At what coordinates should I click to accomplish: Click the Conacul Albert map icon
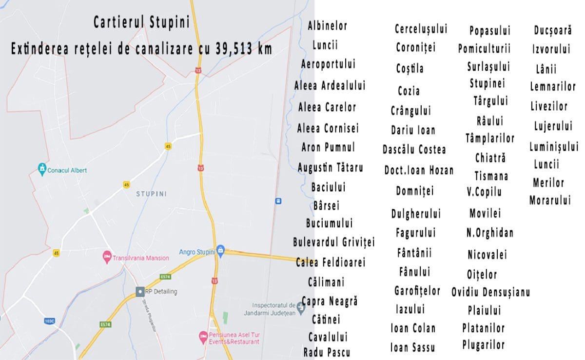click(x=42, y=170)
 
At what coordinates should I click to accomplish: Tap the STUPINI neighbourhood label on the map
click(x=152, y=194)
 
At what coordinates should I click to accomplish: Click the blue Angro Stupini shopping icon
click(x=220, y=250)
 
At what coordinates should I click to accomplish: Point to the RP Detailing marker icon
click(x=140, y=291)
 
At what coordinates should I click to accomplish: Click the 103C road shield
click(x=49, y=321)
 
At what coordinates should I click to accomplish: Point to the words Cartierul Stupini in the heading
click(x=141, y=22)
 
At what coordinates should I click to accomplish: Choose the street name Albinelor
click(x=327, y=26)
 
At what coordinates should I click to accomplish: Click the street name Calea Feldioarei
click(x=331, y=262)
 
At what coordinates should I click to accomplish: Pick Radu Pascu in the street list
click(x=327, y=352)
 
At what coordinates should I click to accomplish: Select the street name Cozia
click(x=409, y=91)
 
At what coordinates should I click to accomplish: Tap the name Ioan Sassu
click(x=412, y=347)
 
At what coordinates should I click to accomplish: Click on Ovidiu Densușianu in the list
click(x=490, y=292)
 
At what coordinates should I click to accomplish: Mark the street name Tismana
click(x=491, y=176)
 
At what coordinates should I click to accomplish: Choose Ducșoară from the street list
click(x=552, y=30)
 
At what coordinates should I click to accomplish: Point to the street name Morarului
click(x=550, y=200)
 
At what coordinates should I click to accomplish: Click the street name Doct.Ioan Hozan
click(x=419, y=170)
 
